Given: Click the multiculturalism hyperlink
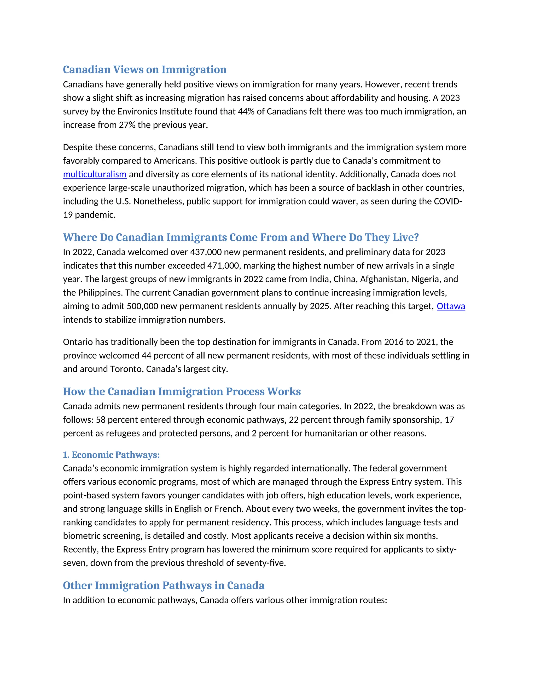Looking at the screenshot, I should [95, 174].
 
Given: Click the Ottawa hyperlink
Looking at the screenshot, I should [451, 306].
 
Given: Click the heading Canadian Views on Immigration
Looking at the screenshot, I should [144, 70].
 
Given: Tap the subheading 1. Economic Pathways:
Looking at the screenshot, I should [111, 455].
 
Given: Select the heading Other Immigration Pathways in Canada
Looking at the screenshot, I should [164, 586].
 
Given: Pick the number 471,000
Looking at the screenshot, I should [224, 266].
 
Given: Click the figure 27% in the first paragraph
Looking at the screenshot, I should [127, 125].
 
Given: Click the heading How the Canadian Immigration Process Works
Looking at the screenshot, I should [182, 391].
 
